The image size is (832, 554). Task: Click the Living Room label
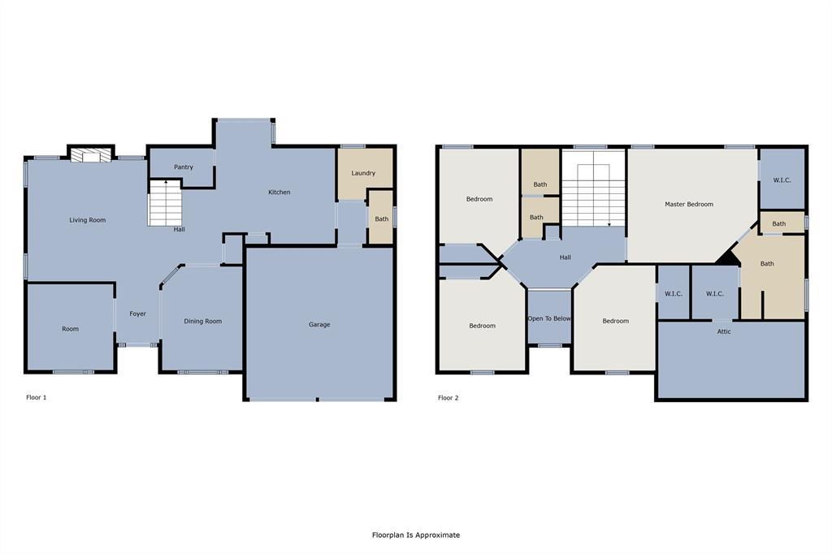point(87,220)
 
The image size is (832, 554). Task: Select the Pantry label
point(184,167)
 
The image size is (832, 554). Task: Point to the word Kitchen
point(279,193)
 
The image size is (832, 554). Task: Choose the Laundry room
point(363,173)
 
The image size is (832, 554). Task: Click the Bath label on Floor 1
point(381,219)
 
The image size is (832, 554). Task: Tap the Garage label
point(319,325)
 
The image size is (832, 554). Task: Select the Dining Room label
point(202,322)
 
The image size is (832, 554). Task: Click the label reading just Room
point(71,329)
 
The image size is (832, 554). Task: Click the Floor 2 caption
point(448,398)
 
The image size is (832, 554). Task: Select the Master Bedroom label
point(689,205)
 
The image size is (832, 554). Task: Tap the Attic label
point(724,331)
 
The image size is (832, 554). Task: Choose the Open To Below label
point(549,318)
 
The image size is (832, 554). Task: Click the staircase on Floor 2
point(594,194)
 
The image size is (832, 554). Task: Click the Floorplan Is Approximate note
point(416,535)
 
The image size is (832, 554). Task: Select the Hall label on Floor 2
point(565,258)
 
